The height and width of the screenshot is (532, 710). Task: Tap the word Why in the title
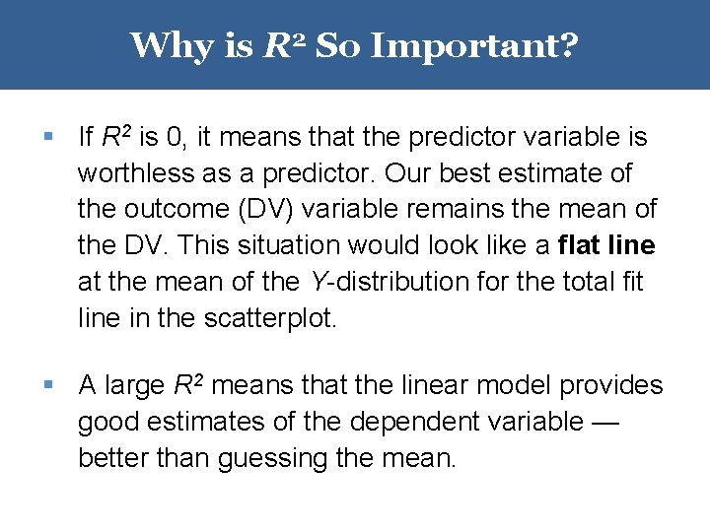pyautogui.click(x=167, y=45)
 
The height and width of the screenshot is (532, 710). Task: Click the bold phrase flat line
pyautogui.click(x=605, y=245)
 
